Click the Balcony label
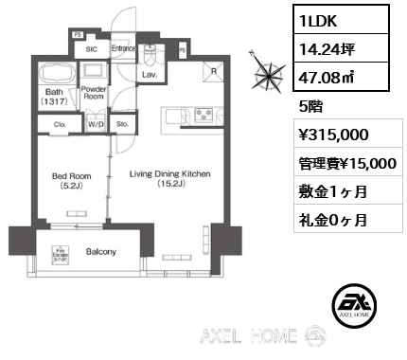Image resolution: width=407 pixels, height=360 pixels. (x=101, y=251)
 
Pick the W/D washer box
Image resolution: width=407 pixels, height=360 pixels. (x=95, y=122)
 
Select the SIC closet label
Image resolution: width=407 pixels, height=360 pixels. (x=92, y=47)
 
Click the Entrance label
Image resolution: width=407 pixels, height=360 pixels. (x=123, y=47)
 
